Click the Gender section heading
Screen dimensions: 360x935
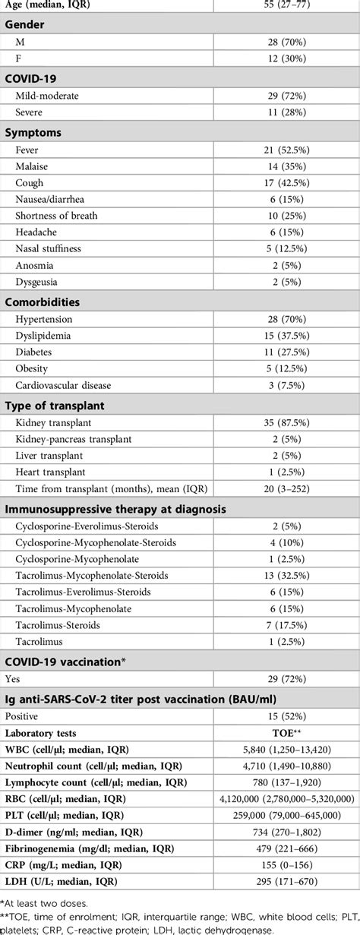[24, 24]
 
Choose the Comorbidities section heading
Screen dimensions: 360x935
[43, 302]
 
